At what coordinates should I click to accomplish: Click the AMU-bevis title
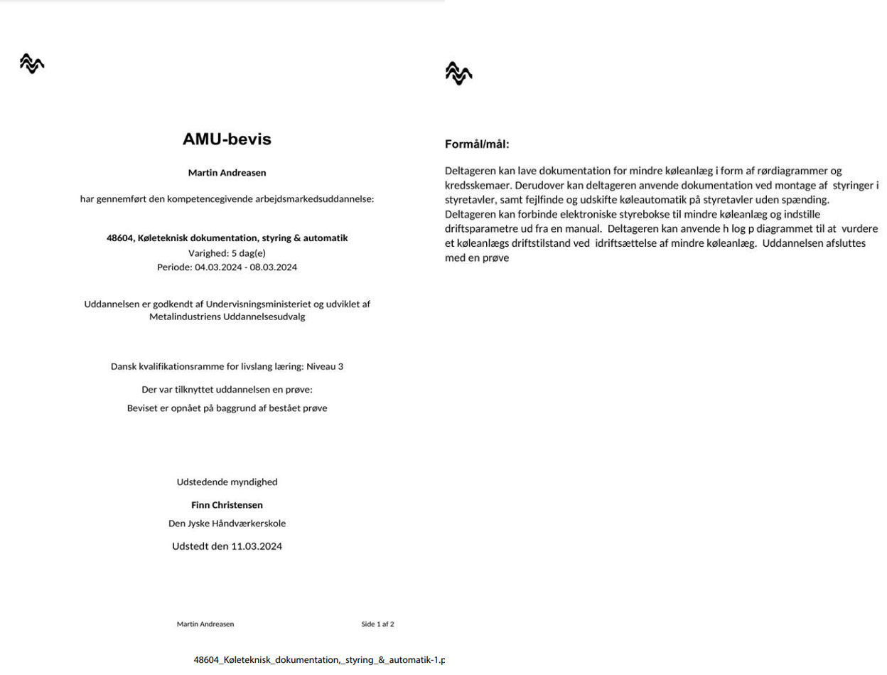(x=227, y=139)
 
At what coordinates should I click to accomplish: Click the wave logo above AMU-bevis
(x=32, y=64)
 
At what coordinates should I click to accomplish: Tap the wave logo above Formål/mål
(x=458, y=73)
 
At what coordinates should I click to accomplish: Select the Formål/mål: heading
(x=477, y=144)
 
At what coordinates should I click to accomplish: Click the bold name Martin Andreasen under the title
(x=227, y=173)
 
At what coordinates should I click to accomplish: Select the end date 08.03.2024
(x=273, y=267)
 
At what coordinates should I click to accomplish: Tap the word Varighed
(x=208, y=253)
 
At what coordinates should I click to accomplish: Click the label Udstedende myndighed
(x=227, y=482)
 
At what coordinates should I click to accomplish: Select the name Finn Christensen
(x=227, y=505)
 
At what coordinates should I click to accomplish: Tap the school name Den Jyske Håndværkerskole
(x=227, y=523)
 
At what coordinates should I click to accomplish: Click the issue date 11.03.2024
(x=257, y=547)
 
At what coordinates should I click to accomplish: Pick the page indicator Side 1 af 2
(x=377, y=624)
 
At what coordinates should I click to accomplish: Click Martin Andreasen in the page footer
(x=205, y=624)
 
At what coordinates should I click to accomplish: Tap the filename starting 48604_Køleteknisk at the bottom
(x=319, y=660)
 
